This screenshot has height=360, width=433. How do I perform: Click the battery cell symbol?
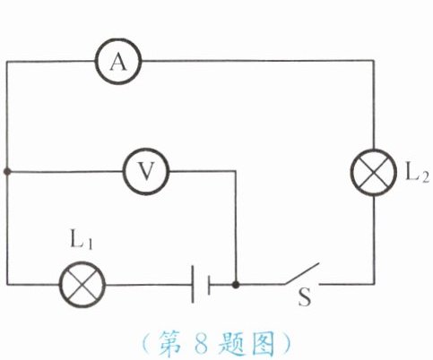tap(201, 284)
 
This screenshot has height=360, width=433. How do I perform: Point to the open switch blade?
tap(302, 273)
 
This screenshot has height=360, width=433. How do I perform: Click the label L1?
tap(81, 239)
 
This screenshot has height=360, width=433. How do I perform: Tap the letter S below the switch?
tap(305, 297)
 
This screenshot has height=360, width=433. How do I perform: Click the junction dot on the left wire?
tap(7, 172)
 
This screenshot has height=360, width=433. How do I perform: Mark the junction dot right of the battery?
tap(236, 285)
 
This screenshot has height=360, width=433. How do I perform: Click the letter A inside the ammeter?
tap(118, 63)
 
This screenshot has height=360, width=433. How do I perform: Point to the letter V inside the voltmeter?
tap(146, 171)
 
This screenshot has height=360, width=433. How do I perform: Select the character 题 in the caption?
tap(230, 343)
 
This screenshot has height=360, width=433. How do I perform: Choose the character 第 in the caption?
tap(169, 343)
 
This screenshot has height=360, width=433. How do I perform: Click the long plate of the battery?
tap(193, 284)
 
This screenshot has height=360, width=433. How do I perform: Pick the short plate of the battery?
tap(209, 285)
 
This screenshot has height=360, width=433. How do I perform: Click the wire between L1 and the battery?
tap(149, 285)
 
